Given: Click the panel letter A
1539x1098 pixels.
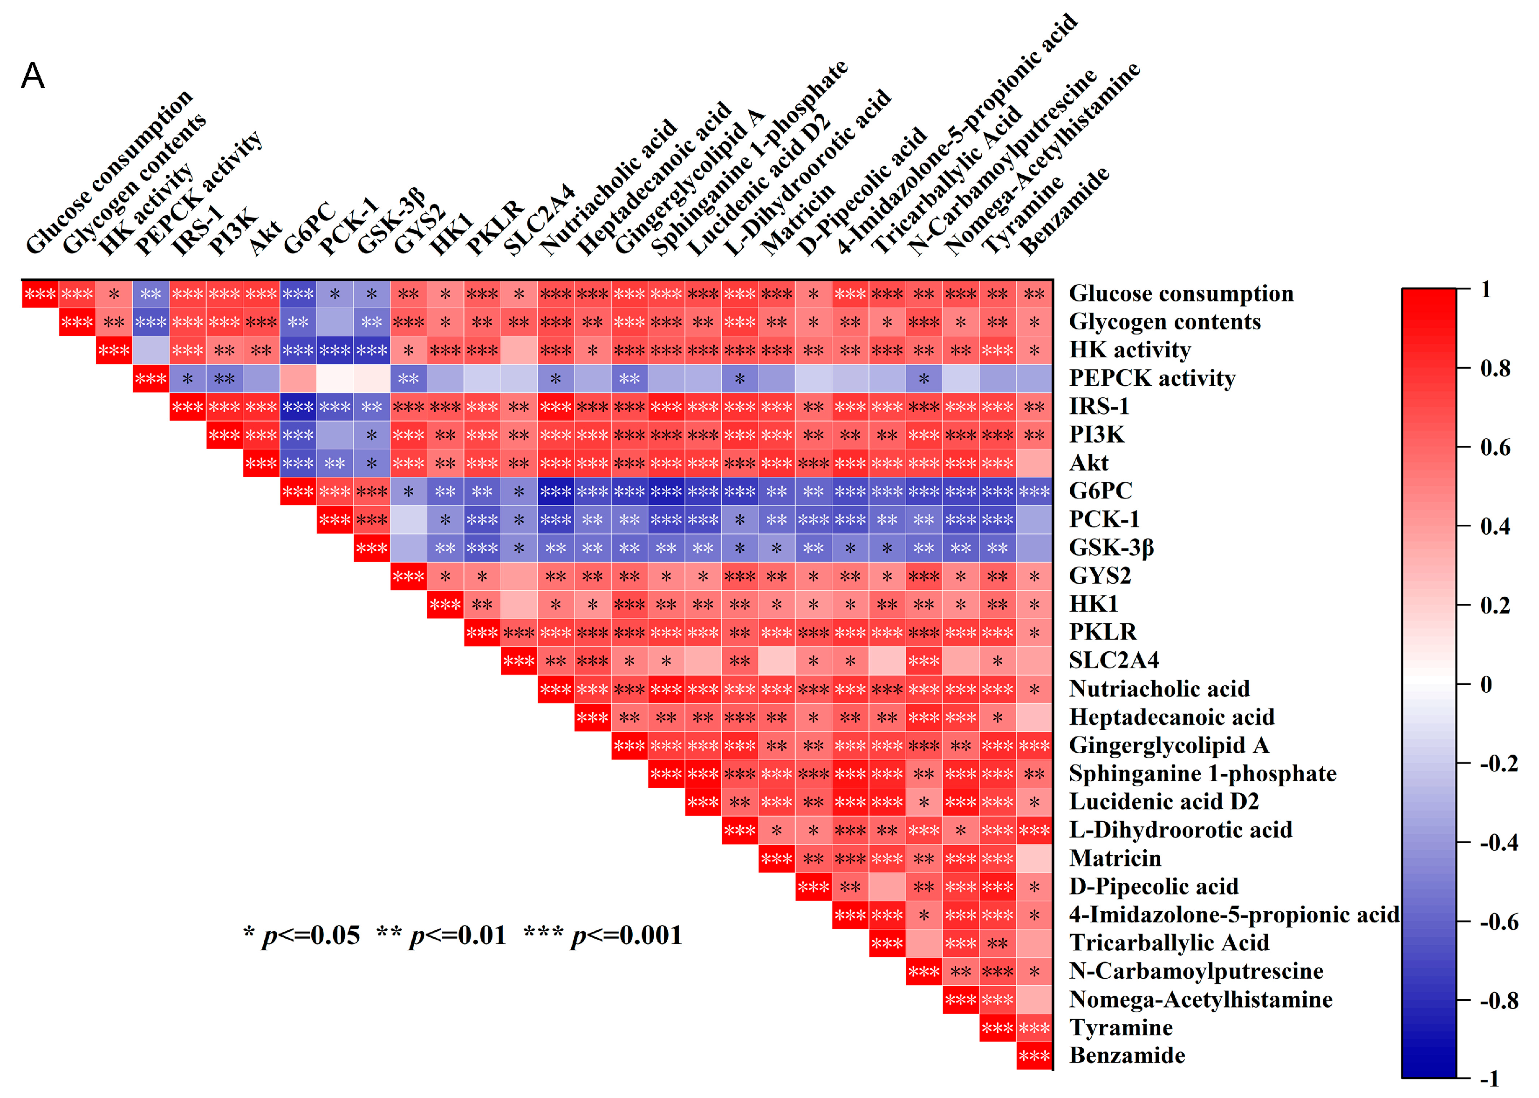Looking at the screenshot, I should coord(33,76).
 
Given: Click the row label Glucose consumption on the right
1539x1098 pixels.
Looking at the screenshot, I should coord(1181,293).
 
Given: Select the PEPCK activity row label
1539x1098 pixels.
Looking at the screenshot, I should coord(1151,378).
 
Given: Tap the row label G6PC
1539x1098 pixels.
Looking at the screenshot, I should coord(1100,491).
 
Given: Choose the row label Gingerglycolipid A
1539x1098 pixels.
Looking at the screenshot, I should coord(1169,745).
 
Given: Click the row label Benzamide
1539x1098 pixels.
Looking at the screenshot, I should coord(1127,1056).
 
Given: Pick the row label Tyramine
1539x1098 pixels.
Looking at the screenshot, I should coord(1121,1027).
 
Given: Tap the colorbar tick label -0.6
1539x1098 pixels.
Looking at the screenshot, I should coord(1498,921).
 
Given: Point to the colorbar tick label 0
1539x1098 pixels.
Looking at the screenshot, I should coord(1485,684).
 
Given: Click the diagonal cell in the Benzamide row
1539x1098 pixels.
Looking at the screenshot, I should coord(1034,1056).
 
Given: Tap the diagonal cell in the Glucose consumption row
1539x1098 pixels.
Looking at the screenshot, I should coord(40,294).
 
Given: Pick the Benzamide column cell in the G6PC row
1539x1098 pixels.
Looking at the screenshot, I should coord(1034,491).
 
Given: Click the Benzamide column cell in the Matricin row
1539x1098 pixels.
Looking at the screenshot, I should coord(1034,859).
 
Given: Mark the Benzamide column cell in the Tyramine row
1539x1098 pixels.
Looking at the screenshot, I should coord(1034,1028).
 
